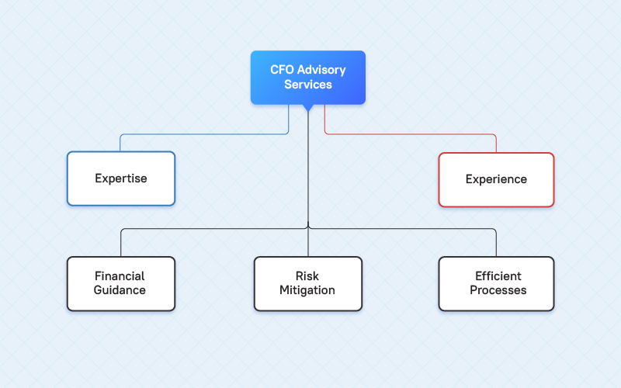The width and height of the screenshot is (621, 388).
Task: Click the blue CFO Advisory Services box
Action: pyautogui.click(x=308, y=77)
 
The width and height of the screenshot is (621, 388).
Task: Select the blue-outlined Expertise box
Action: pyautogui.click(x=121, y=178)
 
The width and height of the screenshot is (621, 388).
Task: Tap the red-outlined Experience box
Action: pyautogui.click(x=496, y=179)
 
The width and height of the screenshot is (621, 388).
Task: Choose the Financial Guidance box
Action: pyautogui.click(x=120, y=283)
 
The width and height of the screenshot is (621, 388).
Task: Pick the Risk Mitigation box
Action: pyautogui.click(x=308, y=283)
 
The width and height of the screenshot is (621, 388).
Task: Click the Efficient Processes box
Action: pyautogui.click(x=496, y=283)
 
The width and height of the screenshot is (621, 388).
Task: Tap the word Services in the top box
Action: pyautogui.click(x=308, y=85)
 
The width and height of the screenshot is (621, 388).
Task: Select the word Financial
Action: pyautogui.click(x=120, y=276)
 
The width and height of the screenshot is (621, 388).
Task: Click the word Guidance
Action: pyautogui.click(x=120, y=291)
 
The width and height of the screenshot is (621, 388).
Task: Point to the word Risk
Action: pyautogui.click(x=308, y=276)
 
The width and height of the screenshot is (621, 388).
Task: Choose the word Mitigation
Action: pyautogui.click(x=308, y=291)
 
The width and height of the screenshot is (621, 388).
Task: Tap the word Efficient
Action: pyautogui.click(x=498, y=276)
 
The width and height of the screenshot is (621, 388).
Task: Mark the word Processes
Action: pyautogui.click(x=498, y=291)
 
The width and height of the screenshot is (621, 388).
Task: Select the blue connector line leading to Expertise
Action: pyautogui.click(x=202, y=134)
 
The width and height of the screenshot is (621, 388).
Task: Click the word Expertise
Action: pyautogui.click(x=121, y=179)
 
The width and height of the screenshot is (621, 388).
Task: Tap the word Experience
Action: pyautogui.click(x=496, y=179)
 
